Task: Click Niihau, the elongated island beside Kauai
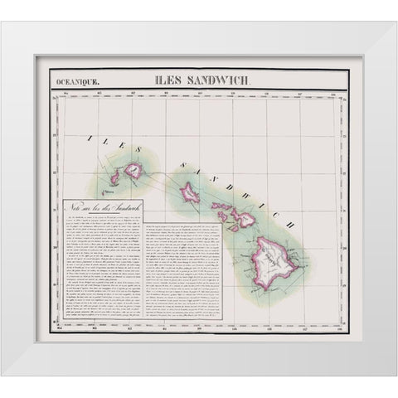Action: point(114,177)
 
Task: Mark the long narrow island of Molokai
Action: point(222,206)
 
